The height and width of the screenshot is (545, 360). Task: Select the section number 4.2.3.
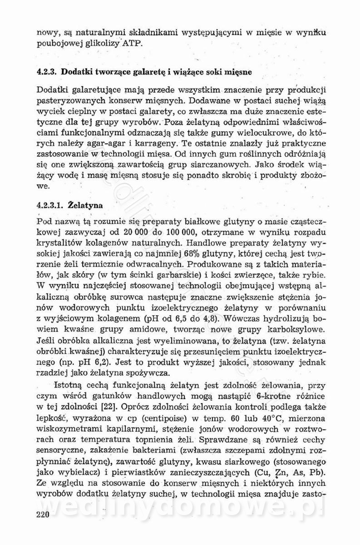point(47,72)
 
